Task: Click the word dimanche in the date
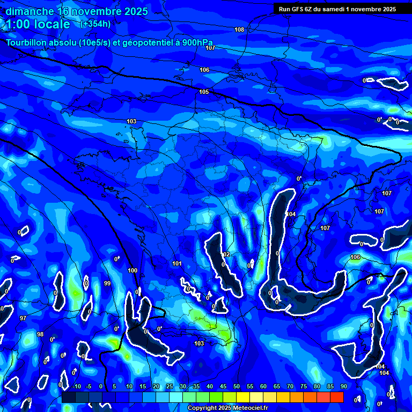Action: tap(30, 11)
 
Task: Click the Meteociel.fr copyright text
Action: tap(227, 408)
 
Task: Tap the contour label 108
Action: tap(239, 30)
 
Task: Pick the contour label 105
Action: tap(204, 92)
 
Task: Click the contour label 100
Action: tap(133, 270)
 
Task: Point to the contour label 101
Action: tap(177, 263)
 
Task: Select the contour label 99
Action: tap(107, 283)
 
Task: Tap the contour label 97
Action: tap(23, 318)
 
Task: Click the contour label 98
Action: tap(40, 334)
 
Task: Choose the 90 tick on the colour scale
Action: tap(343, 386)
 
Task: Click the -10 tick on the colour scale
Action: tap(76, 386)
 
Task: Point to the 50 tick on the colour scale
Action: tap(236, 386)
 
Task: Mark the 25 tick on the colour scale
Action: tap(169, 386)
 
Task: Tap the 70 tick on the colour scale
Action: tap(290, 386)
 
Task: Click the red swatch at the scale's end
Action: tap(336, 397)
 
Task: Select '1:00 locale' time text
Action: tap(38, 24)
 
